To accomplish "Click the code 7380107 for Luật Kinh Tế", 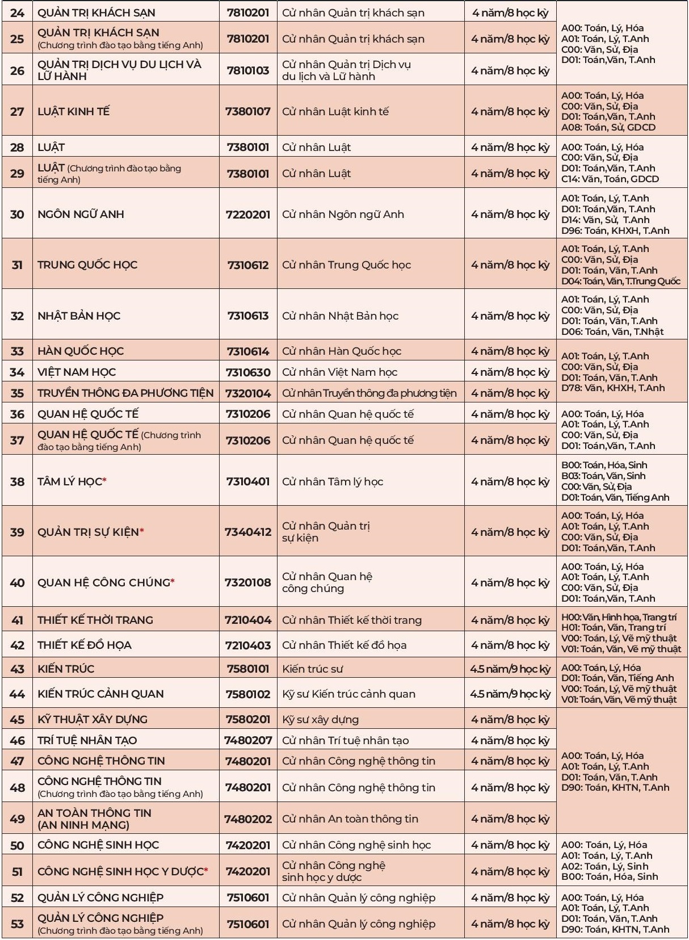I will click(248, 111).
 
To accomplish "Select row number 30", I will click(18, 214).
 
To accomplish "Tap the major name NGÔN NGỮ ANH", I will click(81, 214).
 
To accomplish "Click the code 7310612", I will click(248, 265).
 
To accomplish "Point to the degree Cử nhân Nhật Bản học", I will click(340, 316).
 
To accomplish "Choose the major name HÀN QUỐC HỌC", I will click(81, 351).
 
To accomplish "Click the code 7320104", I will click(248, 393).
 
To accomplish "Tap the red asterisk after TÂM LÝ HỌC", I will click(105, 481).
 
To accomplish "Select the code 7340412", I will click(248, 532).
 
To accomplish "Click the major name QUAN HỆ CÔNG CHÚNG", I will click(104, 582).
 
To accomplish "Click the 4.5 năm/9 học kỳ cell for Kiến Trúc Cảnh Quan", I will click(510, 694).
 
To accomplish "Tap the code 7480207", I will click(248, 740).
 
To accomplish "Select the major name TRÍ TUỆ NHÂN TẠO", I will click(87, 740).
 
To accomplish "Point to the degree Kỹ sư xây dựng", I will click(320, 719).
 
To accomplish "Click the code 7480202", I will click(248, 819).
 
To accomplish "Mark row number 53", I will click(18, 924).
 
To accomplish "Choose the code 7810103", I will click(248, 70).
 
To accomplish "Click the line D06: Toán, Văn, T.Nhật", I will click(612, 331).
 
